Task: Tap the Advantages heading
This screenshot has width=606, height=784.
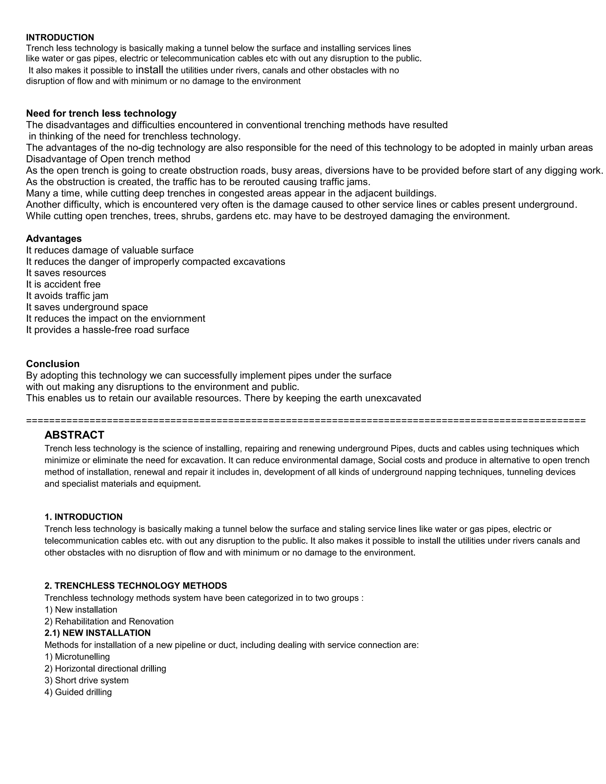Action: click(x=54, y=239)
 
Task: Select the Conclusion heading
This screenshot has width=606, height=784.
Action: click(x=53, y=364)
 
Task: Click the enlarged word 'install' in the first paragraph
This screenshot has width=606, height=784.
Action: click(x=149, y=70)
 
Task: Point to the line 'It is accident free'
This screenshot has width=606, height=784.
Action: click(x=63, y=284)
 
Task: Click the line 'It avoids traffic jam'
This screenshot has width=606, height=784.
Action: click(x=67, y=296)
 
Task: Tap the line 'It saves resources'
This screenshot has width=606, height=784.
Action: click(x=66, y=273)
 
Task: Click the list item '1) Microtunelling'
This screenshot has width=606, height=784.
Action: click(x=77, y=656)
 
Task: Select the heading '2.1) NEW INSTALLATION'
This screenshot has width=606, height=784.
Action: click(x=98, y=633)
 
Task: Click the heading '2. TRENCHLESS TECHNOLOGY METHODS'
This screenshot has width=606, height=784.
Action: click(x=136, y=585)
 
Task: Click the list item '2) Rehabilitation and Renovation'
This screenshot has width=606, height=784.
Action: click(x=109, y=621)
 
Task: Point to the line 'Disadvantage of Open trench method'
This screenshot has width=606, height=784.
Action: click(x=108, y=159)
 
